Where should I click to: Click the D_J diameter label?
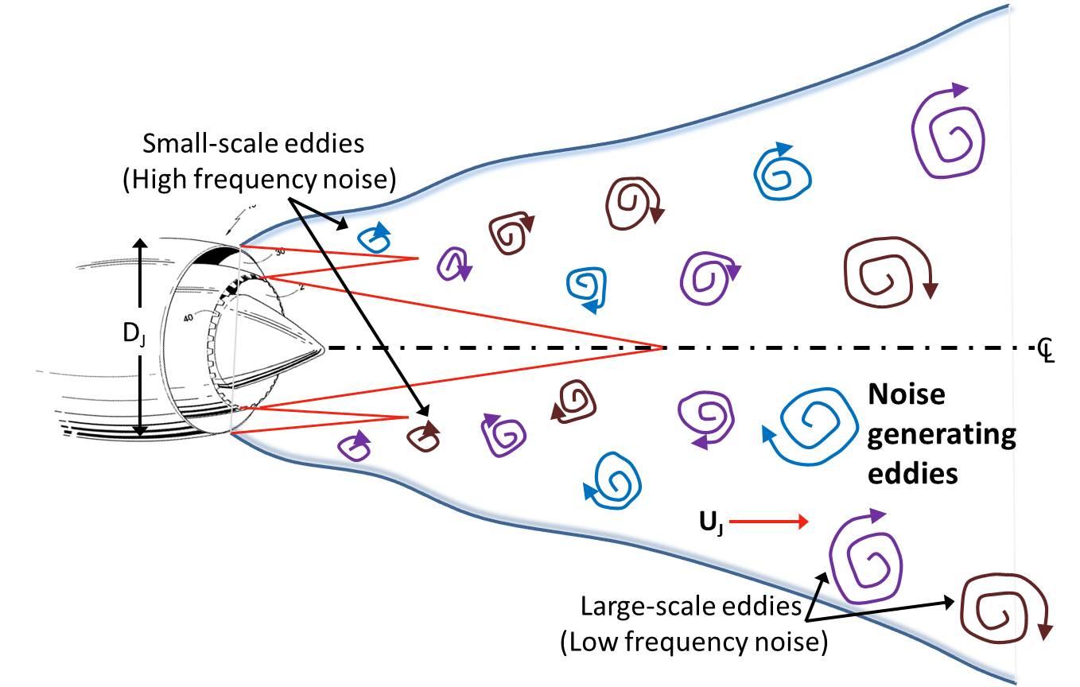click(x=131, y=335)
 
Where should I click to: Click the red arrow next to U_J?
click(x=768, y=522)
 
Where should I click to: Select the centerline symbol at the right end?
click(x=1046, y=347)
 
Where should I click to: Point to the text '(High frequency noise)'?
click(x=258, y=180)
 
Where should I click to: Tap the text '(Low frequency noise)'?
click(x=693, y=641)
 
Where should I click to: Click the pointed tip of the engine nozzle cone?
click(x=323, y=347)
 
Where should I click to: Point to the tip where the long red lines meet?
click(x=662, y=347)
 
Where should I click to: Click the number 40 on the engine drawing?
click(x=188, y=318)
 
